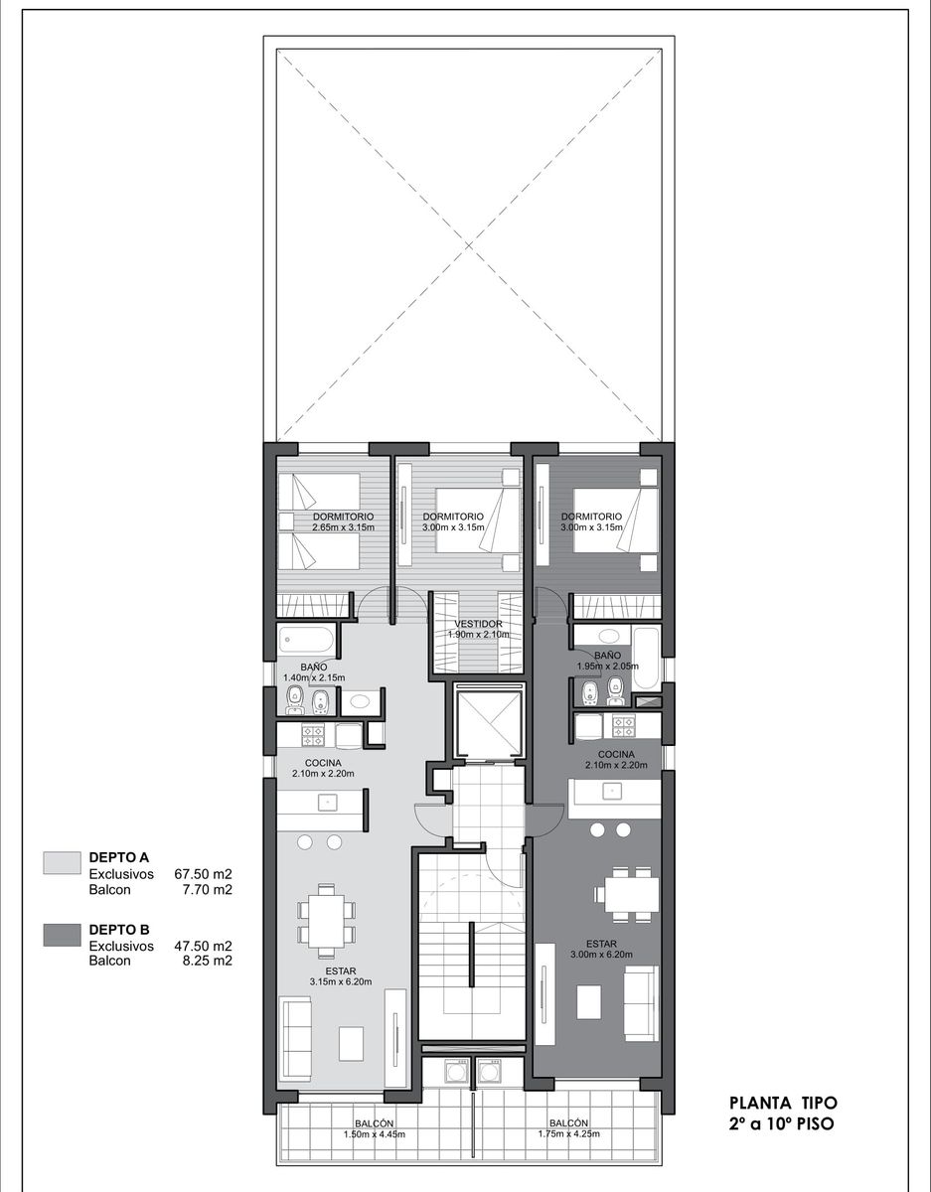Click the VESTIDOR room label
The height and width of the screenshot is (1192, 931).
478,624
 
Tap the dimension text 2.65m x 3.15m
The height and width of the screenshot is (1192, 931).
344,527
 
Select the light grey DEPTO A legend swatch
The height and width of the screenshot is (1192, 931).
62,862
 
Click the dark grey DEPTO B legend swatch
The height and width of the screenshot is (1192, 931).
62,935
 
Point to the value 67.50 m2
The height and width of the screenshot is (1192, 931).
203,874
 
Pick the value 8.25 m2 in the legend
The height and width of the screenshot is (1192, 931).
208,961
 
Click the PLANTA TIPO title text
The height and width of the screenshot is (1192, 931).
783,1103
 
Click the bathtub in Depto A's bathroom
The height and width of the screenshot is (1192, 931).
306,640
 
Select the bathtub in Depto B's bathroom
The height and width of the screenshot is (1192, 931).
646,659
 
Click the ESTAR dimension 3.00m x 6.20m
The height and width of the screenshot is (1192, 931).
601,954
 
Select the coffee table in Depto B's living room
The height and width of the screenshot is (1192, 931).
589,1002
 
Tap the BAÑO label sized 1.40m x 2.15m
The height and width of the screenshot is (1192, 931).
314,671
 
